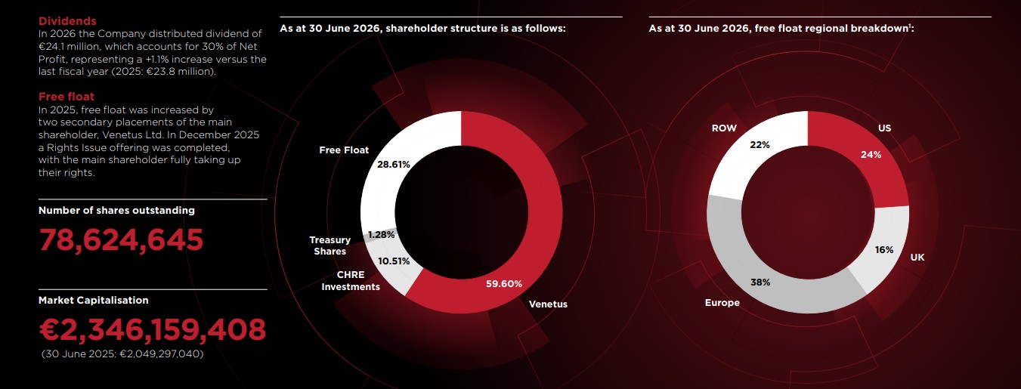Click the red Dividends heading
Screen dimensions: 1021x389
67,21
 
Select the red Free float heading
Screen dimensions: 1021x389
66,97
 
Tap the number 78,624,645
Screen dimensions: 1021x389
121,240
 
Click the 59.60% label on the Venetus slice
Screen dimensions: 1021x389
503,284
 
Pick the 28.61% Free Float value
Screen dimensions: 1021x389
393,165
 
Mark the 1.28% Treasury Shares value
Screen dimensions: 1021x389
381,235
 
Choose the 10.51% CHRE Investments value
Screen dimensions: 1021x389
394,261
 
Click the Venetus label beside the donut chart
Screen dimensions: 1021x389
548,304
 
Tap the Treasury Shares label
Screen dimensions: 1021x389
330,245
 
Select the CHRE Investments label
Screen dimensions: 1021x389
351,280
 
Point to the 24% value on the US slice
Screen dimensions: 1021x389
871,155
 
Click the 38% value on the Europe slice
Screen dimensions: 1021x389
760,282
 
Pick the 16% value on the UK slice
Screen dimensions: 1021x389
883,249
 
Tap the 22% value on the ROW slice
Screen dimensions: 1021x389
760,145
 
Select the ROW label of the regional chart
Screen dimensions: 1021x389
724,128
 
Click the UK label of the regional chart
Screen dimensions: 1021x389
917,258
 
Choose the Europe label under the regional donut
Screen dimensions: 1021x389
722,303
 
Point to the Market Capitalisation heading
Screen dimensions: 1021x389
94,300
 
